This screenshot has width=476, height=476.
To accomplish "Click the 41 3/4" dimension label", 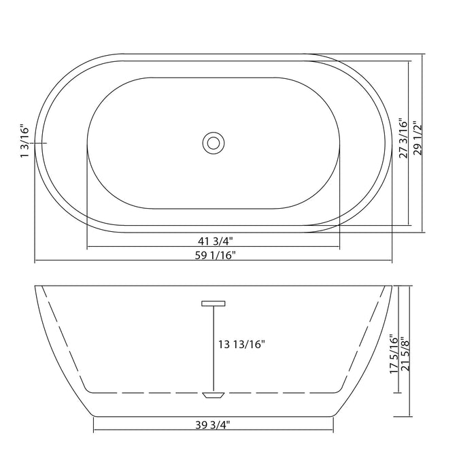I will (x=213, y=239).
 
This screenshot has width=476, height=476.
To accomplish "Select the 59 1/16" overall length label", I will (x=214, y=254).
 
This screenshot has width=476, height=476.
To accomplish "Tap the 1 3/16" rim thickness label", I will (x=25, y=141).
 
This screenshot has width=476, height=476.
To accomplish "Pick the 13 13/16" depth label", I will (x=242, y=345).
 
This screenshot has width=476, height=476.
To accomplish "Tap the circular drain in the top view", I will (x=213, y=143).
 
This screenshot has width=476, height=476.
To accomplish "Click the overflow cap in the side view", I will (x=213, y=304).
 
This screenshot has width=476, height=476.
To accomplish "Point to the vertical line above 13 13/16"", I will (x=213, y=320).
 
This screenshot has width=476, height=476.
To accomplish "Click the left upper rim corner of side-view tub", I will (x=37, y=288).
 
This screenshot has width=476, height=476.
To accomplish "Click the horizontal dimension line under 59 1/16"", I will (x=214, y=261).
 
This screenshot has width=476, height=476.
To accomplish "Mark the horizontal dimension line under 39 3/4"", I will (x=213, y=432).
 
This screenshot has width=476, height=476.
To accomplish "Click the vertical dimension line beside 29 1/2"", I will (x=423, y=143).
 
